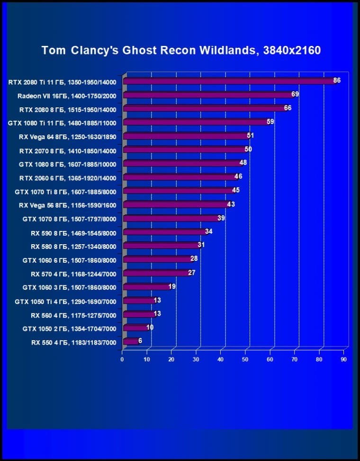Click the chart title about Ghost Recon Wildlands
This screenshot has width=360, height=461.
[x=181, y=50]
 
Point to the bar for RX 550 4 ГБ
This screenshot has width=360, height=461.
[x=130, y=341]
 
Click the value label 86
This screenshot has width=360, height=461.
[x=337, y=80]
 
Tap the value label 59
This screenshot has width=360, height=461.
[x=270, y=122]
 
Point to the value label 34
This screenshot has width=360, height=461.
[x=209, y=231]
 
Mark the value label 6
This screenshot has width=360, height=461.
[x=140, y=341]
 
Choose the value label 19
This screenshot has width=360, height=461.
[x=172, y=286]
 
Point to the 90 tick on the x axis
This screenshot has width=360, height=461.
[x=343, y=359]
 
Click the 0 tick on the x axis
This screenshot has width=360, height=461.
[x=122, y=359]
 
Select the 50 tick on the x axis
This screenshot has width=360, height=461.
[x=245, y=359]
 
